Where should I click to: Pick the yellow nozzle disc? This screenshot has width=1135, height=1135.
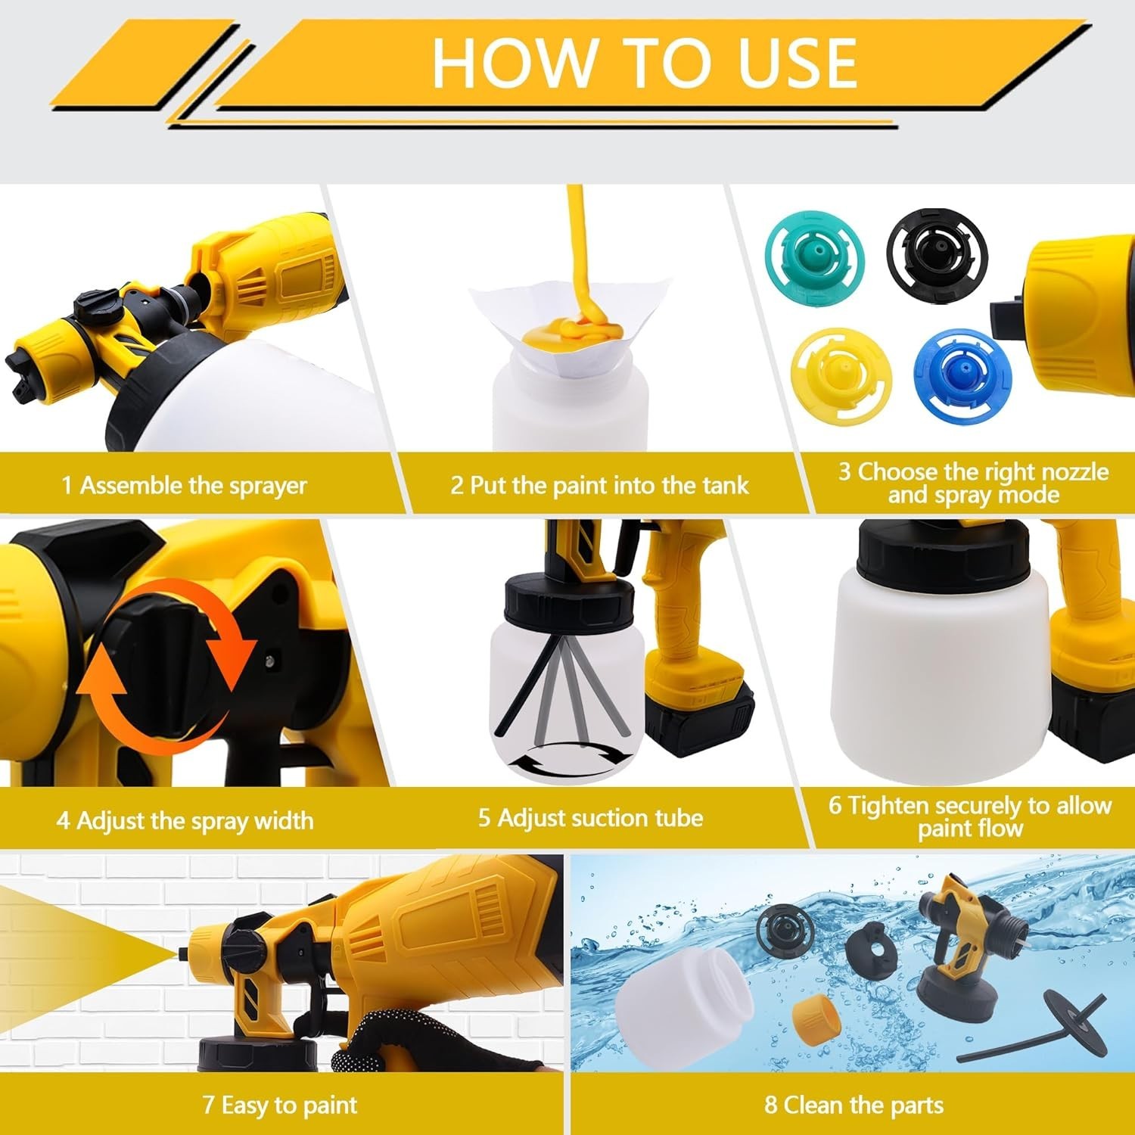tap(840, 375)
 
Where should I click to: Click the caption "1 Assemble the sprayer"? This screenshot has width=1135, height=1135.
tap(184, 485)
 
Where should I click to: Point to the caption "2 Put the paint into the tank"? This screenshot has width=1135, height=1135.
tap(599, 485)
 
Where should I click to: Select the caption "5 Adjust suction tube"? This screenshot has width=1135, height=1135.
tap(590, 818)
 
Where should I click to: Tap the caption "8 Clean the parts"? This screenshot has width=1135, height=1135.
tap(854, 1105)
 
